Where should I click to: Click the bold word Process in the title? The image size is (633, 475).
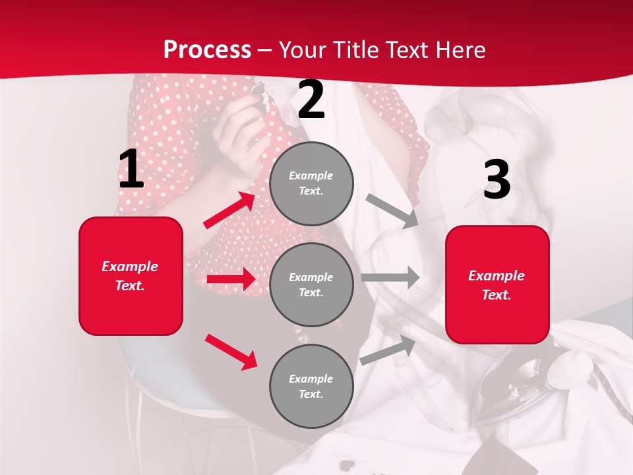click(207, 50)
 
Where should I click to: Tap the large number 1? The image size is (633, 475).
click(131, 170)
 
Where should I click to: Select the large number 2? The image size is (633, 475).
click(311, 100)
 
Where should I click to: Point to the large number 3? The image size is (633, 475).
click(497, 179)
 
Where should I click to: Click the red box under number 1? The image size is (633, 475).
click(131, 276)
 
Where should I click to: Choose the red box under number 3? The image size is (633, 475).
click(497, 285)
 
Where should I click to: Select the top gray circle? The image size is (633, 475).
click(311, 183)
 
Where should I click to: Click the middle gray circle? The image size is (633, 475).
click(311, 284)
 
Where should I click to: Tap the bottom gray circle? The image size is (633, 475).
click(311, 386)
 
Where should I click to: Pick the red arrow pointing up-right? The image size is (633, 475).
click(229, 210)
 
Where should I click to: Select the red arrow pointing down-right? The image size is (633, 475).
click(231, 352)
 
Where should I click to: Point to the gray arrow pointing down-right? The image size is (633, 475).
click(392, 211)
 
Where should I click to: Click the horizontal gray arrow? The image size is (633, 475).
click(390, 277)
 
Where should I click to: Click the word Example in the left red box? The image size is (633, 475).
click(130, 267)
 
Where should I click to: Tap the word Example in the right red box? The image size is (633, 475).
click(497, 276)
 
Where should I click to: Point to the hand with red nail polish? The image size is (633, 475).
click(241, 125)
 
